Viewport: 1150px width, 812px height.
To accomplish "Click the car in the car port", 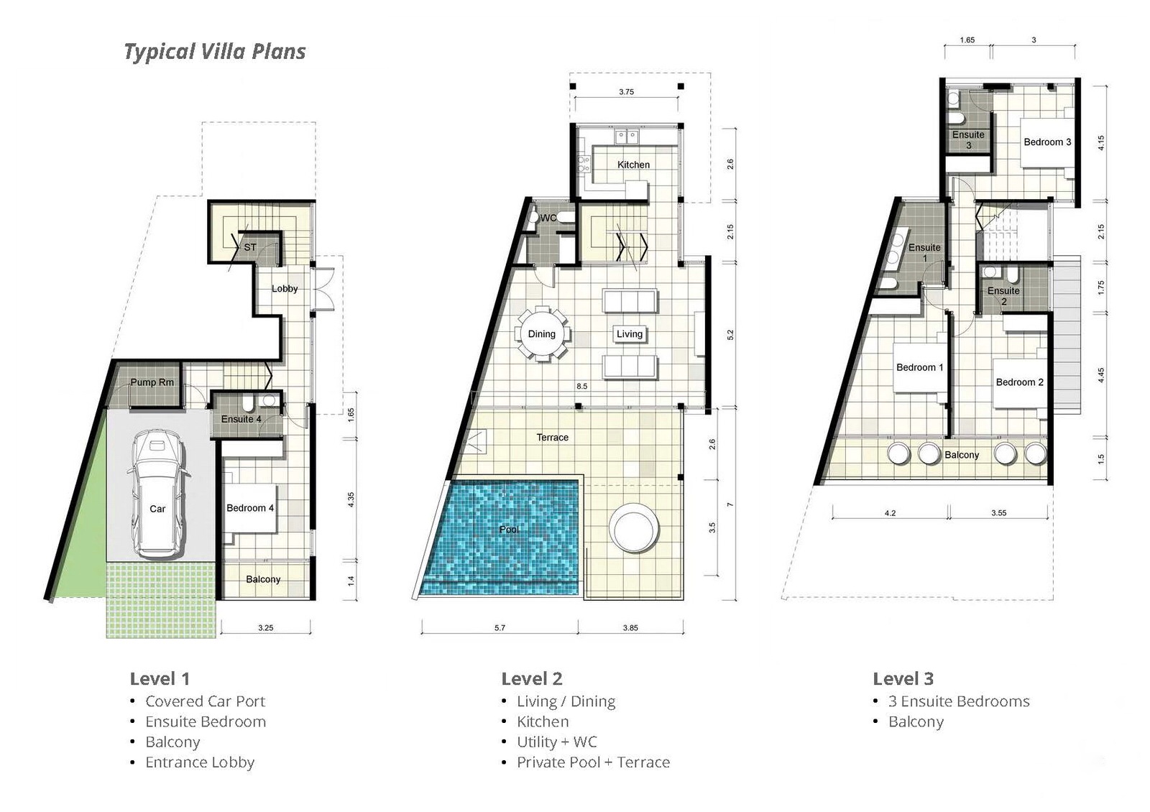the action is [157, 494].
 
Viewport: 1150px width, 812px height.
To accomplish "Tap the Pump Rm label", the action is [152, 382].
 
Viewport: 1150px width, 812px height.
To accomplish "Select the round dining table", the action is [542, 334].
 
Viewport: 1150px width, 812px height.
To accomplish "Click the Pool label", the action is [510, 529].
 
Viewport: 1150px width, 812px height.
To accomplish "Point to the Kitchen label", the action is [633, 165].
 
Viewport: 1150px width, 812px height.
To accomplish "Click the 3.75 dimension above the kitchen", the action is [626, 92].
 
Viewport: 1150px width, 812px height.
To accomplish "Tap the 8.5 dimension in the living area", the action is [581, 386].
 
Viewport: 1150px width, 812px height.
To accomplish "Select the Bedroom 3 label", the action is [1047, 142].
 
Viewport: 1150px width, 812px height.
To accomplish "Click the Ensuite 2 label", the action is [1003, 296].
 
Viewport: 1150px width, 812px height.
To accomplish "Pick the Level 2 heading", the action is [532, 678].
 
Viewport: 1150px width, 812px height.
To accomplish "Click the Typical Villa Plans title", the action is [215, 51].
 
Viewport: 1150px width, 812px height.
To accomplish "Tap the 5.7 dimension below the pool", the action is [500, 628].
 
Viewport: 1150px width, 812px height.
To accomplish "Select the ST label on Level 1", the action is [250, 247].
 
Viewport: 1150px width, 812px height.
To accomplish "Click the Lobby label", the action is [285, 288].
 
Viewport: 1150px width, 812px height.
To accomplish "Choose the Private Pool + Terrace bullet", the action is [593, 762].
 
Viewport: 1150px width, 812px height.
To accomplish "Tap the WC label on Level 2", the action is [548, 218].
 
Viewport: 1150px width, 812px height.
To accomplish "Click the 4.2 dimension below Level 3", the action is [891, 513].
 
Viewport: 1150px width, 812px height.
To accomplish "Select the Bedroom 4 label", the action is [250, 508].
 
